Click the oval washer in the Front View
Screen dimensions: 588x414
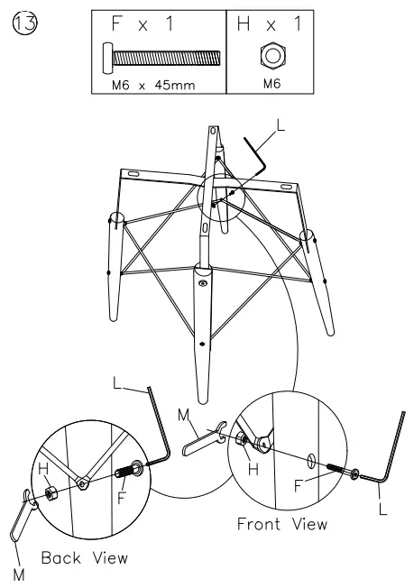point(312,461)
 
